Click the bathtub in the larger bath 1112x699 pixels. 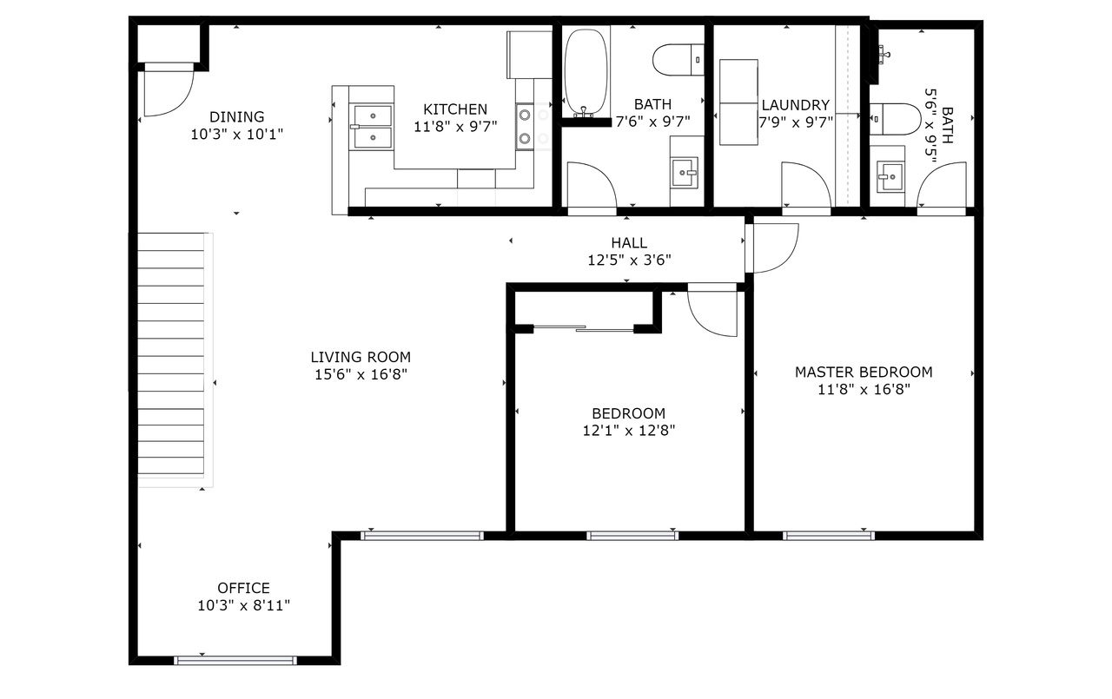586,72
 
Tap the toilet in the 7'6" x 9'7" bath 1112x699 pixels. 678,60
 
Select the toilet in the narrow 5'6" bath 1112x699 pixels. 895,119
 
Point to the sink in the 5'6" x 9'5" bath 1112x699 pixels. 890,176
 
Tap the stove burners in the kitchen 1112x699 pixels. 525,127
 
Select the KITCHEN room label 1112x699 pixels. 455,109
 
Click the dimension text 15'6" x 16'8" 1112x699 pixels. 361,374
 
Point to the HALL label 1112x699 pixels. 629,243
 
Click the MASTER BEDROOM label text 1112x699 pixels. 864,372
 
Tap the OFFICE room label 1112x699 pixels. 244,588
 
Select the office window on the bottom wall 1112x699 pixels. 235,660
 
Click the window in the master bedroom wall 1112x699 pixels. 829,536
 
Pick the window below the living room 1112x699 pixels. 422,536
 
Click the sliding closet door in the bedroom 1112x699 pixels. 584,328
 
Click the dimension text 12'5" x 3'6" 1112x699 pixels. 629,260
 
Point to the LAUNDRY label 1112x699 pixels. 795,105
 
